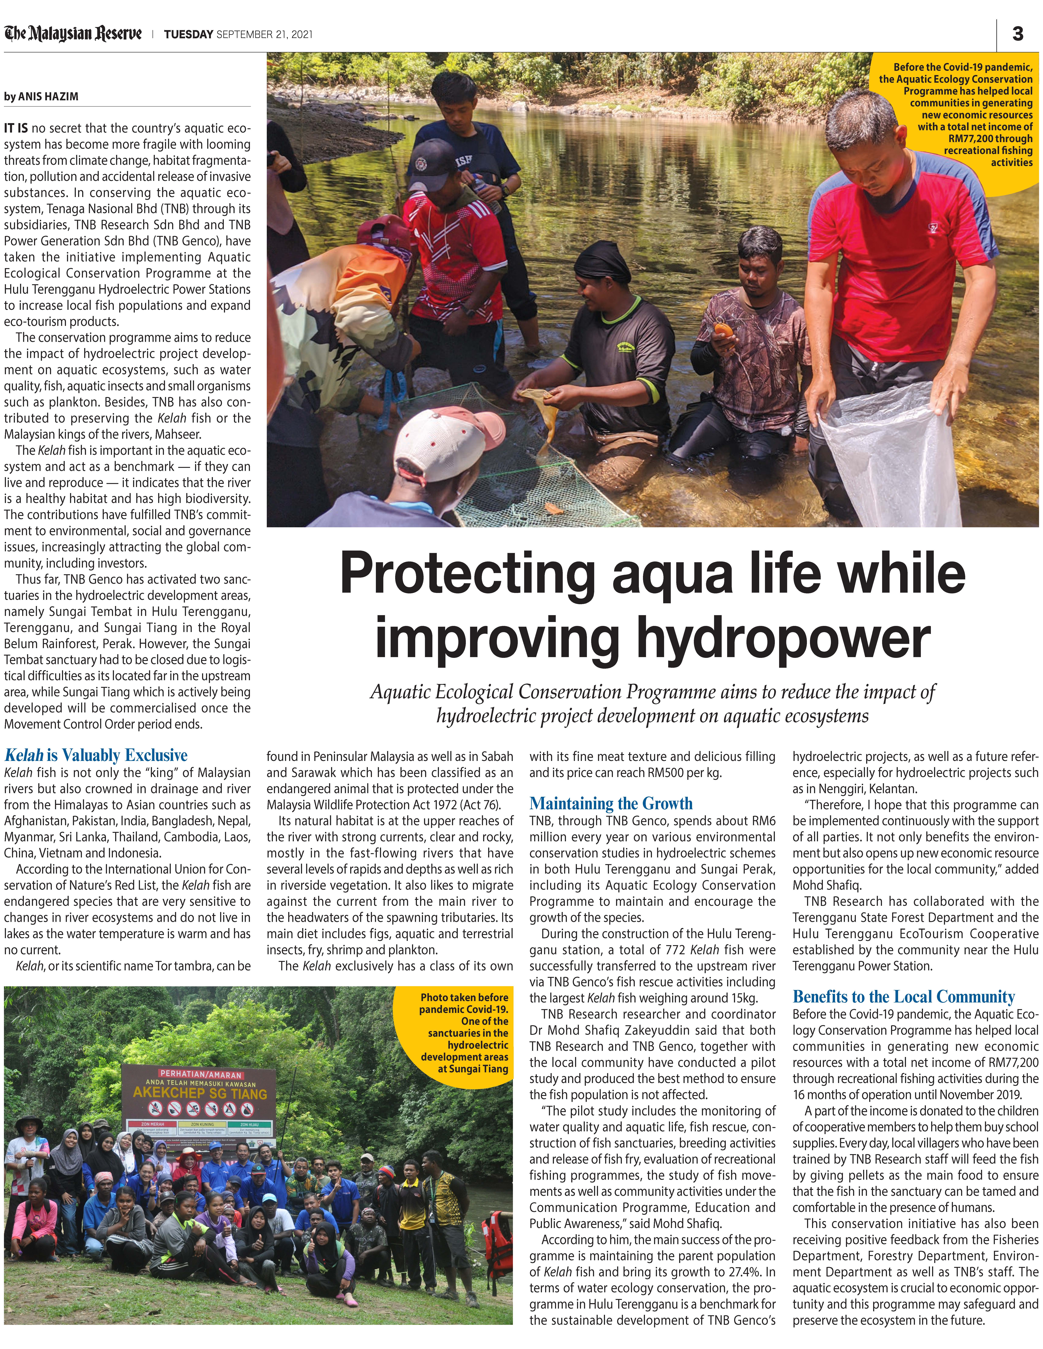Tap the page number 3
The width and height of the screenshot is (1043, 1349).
tap(1018, 34)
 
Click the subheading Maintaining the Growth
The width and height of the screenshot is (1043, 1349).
tap(611, 803)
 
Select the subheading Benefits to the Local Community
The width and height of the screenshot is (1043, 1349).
tap(903, 996)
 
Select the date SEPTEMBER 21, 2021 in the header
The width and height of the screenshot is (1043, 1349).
tap(264, 35)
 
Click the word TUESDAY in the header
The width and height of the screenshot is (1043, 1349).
tap(188, 35)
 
